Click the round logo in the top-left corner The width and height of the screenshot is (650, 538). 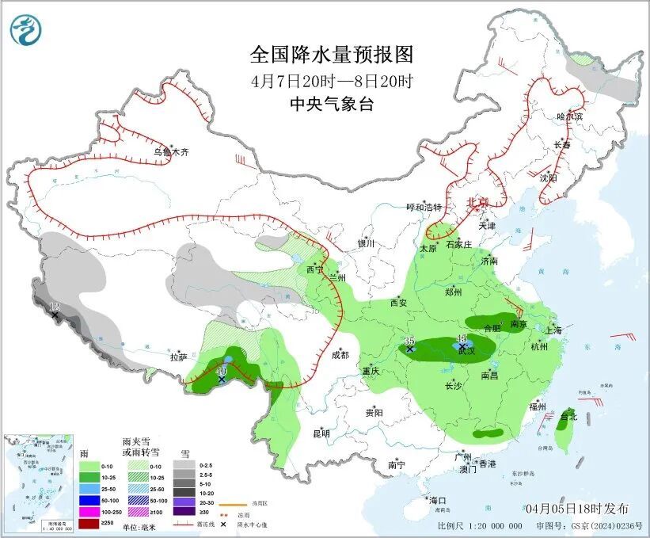[26, 31]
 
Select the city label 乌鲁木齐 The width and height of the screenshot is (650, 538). [171, 151]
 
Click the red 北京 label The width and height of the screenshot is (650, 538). [478, 202]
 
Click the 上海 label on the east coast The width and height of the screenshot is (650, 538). [553, 330]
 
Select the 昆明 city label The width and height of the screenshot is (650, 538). [321, 433]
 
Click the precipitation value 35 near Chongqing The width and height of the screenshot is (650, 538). [409, 341]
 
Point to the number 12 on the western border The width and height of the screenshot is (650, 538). [55, 307]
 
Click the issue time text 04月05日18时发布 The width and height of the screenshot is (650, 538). [576, 508]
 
